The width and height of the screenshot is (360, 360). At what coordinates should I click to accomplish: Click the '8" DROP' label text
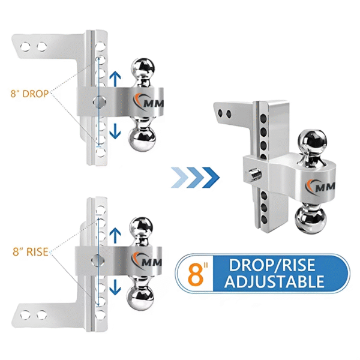pos(30,94)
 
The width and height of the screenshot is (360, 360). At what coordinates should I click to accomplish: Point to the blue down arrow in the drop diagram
pos(116,127)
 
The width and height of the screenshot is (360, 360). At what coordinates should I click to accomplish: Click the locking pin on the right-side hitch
pos(253,175)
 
